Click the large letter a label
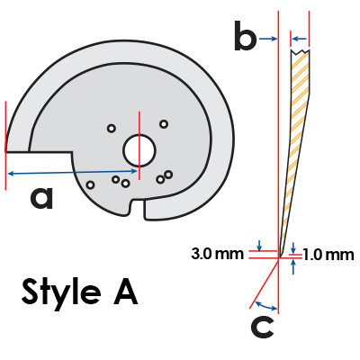coord(41,198)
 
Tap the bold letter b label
coord(245,35)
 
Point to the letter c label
coord(262,327)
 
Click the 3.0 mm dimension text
coord(217,254)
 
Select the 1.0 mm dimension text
coord(328,255)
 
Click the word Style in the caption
coord(61,291)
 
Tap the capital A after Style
coord(126,291)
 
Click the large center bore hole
coord(139,151)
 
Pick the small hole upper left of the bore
coord(112,129)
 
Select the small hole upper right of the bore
coord(164,124)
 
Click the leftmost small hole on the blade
coord(90,184)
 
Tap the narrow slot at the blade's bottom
coord(139,209)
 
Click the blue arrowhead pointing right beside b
coord(268,39)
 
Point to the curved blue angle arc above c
coord(265,307)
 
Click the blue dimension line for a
coord(73,172)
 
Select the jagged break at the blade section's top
coord(300,51)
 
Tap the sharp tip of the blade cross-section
coord(279,256)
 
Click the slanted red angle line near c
coord(265,283)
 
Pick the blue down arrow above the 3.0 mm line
coord(260,245)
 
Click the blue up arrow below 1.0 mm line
coord(293,267)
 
